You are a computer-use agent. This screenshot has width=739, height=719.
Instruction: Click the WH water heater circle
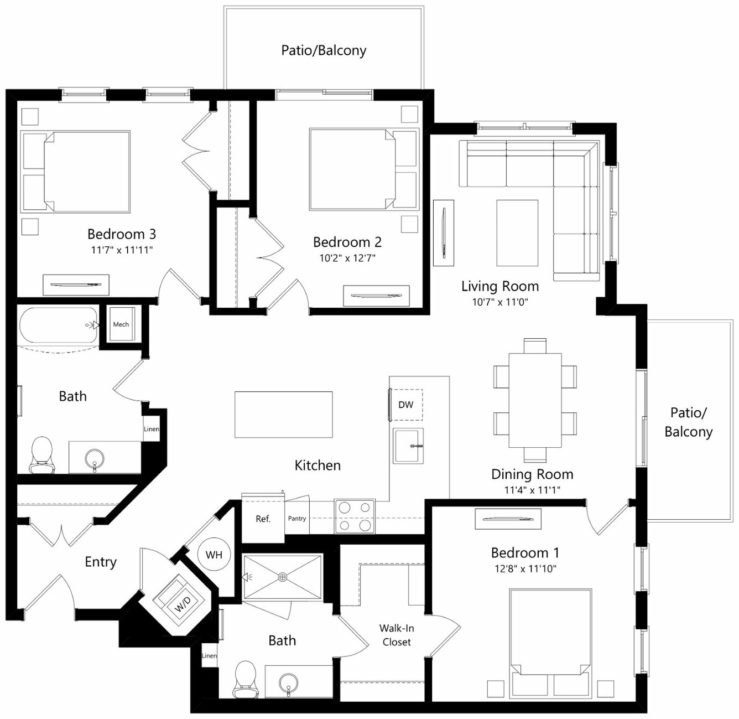214,555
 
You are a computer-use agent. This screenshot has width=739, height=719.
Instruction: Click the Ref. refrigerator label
263,519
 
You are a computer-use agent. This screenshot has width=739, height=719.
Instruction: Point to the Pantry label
297,518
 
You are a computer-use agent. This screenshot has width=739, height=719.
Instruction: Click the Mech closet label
121,324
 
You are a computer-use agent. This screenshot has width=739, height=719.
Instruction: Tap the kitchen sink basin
408,446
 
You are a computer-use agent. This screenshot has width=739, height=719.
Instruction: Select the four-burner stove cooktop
355,516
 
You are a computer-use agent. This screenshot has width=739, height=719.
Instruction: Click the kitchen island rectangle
284,415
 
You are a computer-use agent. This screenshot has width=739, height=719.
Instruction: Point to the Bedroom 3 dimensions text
122,250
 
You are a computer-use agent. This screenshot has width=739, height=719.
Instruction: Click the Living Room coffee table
517,233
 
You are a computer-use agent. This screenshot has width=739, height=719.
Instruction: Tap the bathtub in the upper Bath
59,325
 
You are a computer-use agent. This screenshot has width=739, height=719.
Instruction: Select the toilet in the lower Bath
246,679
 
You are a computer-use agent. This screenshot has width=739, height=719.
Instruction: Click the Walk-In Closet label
397,635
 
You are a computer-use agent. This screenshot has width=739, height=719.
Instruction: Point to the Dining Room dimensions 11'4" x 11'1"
532,490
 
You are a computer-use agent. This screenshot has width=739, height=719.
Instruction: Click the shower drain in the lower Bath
283,577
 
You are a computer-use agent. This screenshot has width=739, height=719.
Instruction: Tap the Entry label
101,562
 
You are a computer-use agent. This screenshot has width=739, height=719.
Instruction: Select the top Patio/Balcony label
324,50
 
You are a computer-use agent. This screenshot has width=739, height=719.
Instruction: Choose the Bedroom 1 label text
525,552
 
